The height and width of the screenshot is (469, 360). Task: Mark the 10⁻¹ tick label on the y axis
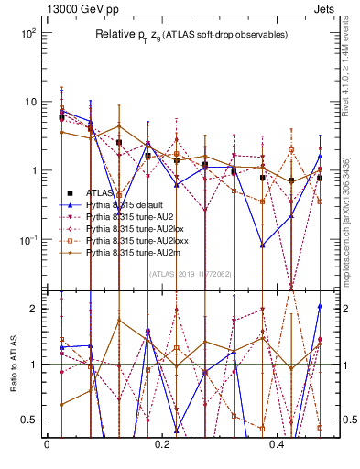pyautogui.click(x=28, y=240)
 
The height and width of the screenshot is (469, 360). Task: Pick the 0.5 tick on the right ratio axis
pyautogui.click(x=345, y=420)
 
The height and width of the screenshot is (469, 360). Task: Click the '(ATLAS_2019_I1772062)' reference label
pyautogui.click(x=190, y=273)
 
